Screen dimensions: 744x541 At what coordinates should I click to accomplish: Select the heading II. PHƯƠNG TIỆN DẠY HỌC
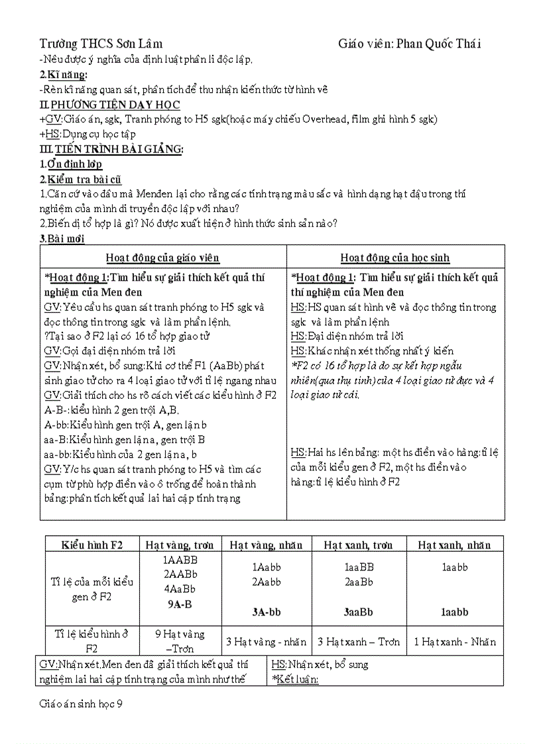[x=109, y=105]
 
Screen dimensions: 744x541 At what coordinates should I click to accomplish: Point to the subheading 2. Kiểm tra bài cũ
[x=80, y=180]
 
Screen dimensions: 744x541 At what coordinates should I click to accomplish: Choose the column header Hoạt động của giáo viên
[x=163, y=258]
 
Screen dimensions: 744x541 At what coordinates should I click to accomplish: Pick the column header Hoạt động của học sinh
[x=395, y=258]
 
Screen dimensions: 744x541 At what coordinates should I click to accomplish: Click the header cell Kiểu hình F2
[x=92, y=545]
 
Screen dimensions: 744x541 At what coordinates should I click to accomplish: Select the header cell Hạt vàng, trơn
[x=180, y=545]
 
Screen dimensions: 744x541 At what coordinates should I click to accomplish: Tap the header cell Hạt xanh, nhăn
[x=454, y=545]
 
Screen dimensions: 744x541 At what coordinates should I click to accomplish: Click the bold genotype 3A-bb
[x=267, y=612]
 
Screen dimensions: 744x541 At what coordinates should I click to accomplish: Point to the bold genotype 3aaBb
[x=359, y=612]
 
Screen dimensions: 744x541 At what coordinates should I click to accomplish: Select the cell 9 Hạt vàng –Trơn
[x=180, y=641]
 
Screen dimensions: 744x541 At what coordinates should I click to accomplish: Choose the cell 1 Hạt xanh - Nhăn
[x=454, y=641]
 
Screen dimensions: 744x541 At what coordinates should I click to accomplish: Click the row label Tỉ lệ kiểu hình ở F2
[x=92, y=641]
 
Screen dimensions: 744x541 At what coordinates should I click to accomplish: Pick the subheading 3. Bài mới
[x=62, y=239]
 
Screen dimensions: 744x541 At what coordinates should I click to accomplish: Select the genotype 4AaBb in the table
[x=180, y=588]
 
